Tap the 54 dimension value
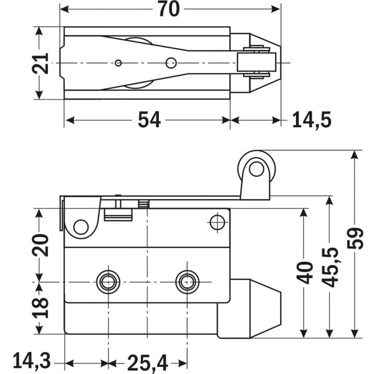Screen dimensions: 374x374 coord(149,120)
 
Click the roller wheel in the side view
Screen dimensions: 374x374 coord(255,168)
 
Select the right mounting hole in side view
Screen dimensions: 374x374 coord(186,282)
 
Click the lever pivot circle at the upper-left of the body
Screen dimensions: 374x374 coord(80,226)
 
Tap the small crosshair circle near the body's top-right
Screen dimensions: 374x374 coord(217,222)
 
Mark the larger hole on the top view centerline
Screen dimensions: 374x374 coord(170,62)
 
